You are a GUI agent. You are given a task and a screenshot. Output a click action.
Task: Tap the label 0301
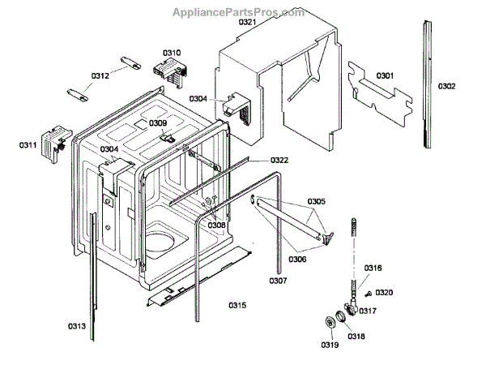point(385,76)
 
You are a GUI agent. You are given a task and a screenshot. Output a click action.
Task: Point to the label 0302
point(447,86)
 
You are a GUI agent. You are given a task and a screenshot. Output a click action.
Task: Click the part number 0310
point(171,53)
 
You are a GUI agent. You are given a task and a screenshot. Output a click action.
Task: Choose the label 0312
point(100,75)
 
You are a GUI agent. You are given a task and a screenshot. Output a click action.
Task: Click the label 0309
point(157,123)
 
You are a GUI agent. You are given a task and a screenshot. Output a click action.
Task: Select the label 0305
point(317,201)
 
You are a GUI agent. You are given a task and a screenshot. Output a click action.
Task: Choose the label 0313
point(77,326)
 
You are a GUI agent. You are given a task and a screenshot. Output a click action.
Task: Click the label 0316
point(373,268)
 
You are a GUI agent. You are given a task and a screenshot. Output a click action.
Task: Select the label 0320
point(384,292)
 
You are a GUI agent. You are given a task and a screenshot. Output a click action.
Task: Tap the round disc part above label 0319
point(330,323)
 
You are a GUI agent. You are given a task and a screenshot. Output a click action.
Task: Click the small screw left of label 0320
point(369,293)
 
